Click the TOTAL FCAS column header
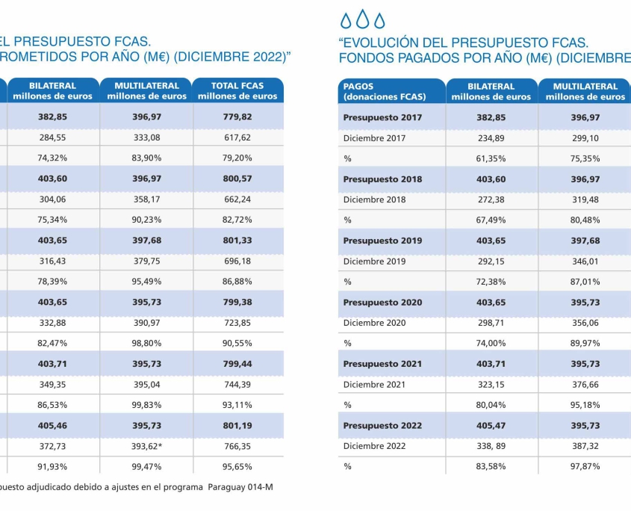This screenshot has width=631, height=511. coord(237,90)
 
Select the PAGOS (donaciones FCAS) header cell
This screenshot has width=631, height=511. coord(391,91)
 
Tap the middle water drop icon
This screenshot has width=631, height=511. coord(363,19)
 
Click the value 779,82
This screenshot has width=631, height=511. coord(237,117)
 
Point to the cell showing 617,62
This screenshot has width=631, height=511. coord(237,137)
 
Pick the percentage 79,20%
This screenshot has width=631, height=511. coord(237,158)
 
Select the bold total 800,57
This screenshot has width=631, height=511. coord(237,179)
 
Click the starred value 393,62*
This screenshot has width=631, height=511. coord(147,446)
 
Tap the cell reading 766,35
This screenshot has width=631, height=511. coord(237,446)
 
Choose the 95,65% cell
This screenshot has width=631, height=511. coord(237,467)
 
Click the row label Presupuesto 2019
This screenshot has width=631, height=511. coord(382,241)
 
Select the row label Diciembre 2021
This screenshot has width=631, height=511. coord(374,385)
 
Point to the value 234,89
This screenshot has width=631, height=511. coord(491,138)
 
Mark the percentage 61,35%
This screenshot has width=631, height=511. coord(491,158)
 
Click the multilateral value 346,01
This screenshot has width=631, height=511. coord(585,261)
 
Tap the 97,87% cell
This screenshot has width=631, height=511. coord(585,466)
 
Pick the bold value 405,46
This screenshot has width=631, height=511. coord(53,426)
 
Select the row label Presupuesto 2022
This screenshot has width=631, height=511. coord(382,426)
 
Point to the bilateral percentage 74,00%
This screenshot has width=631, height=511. coord(491,343)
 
